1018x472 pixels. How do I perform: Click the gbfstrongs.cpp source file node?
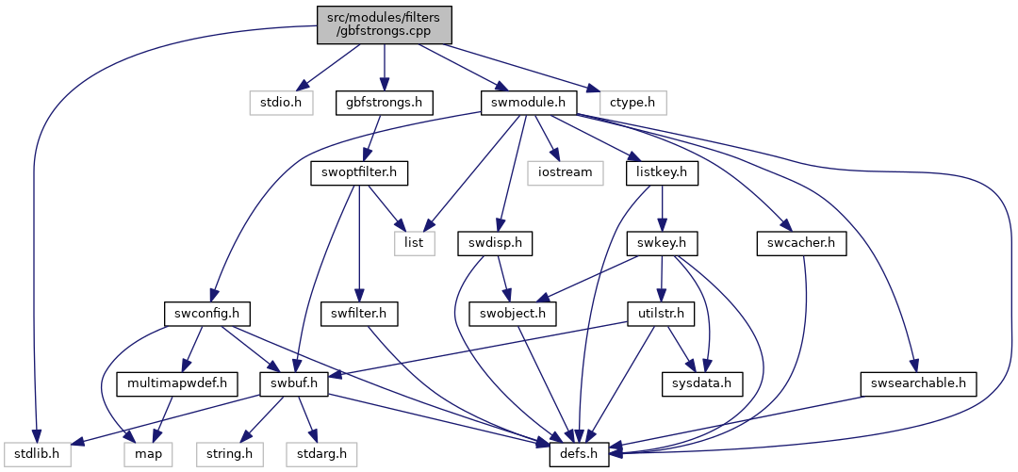(385, 25)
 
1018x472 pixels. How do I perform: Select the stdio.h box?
(282, 103)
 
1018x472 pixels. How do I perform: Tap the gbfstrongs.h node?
(385, 103)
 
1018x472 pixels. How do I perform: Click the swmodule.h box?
(529, 103)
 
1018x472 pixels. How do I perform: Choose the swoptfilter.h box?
(359, 172)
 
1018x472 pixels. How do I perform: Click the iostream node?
(566, 172)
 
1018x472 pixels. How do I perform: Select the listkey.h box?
(663, 172)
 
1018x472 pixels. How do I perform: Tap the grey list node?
(414, 243)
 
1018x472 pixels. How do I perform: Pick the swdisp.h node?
(495, 243)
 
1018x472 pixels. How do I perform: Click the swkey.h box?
(663, 243)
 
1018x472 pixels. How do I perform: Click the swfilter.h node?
(359, 314)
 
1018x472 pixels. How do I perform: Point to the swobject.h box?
(514, 314)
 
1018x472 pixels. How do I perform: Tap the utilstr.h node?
(662, 314)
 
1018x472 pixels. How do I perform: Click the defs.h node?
(579, 454)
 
